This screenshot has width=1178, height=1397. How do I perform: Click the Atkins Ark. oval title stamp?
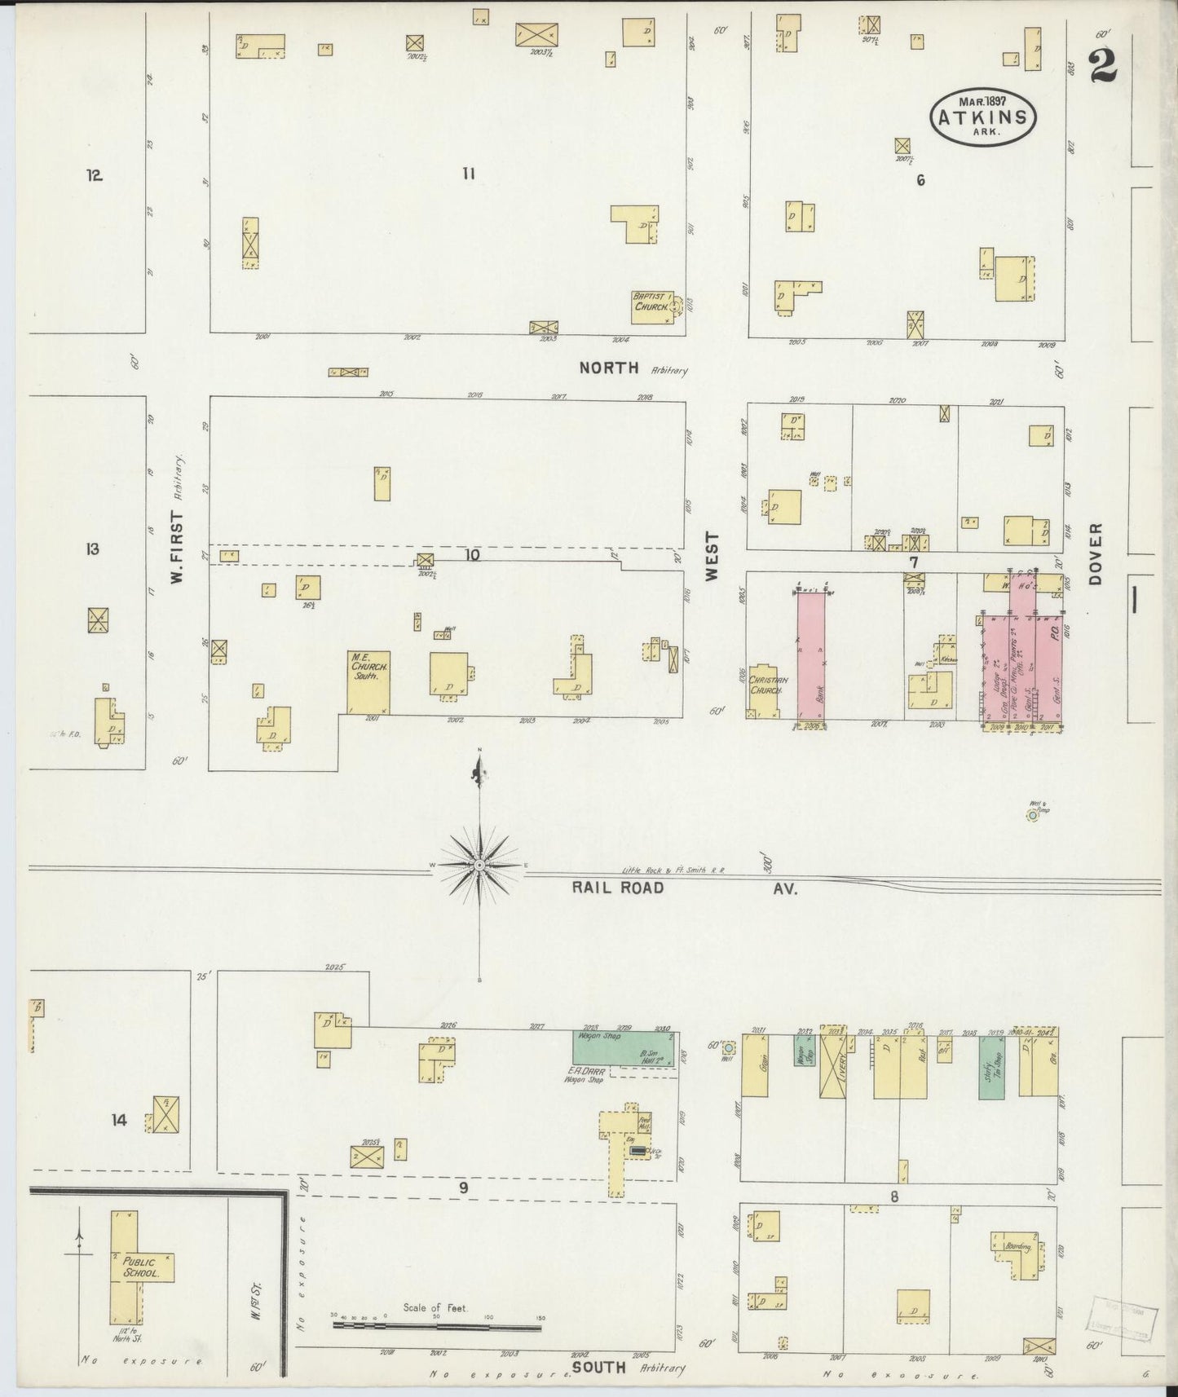pos(983,117)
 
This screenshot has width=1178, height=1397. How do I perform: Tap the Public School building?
pos(135,1267)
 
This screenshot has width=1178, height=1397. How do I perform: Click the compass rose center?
pos(480,865)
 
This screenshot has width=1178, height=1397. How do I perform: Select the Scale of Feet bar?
pos(436,1327)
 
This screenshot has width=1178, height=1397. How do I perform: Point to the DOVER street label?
pos(1095,553)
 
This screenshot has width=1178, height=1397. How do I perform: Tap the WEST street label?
pos(712,556)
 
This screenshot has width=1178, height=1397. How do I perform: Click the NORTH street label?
pos(608,368)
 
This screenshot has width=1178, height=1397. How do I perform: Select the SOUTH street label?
pos(598,1367)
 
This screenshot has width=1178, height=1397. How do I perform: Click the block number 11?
pos(468,173)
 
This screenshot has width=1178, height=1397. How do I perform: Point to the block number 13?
pos(92,549)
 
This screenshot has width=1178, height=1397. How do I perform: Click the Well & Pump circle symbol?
pos(1032,814)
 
